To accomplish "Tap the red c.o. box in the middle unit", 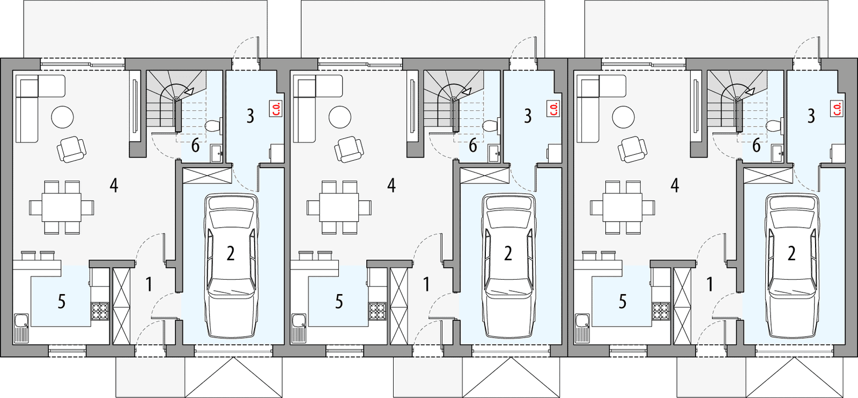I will pos(554,109).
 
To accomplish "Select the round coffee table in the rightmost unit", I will pos(623,117).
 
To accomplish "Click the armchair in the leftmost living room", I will pos(72,149).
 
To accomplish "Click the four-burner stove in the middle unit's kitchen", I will pos(378,311).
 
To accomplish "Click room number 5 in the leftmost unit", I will pos(61,302).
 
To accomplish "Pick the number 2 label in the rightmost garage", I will pos(791,253).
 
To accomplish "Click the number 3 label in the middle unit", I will pos(528,116).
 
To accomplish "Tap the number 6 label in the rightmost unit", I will pos(756,145).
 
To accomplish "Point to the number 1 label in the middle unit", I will pos(426,284).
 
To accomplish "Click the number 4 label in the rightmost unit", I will pos(675,186).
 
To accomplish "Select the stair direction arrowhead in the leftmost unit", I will pos(188,92).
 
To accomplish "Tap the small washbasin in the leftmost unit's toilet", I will pos(217,153).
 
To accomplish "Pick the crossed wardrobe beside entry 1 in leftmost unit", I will pos(121,305).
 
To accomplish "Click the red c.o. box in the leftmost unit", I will pos(277,109).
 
